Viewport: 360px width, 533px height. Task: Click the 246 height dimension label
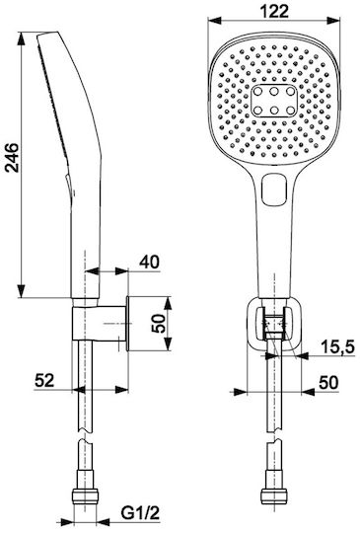[x=13, y=158]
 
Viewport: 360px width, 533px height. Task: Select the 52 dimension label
[x=44, y=380]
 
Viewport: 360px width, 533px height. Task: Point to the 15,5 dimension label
[x=337, y=346]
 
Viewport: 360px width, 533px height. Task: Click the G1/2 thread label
[x=140, y=513]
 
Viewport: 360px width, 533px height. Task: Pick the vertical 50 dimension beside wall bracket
[x=159, y=324]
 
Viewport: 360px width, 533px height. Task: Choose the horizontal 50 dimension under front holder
[x=328, y=382]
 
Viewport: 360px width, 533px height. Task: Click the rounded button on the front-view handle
[x=274, y=190]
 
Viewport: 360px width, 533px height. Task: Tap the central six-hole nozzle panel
[x=274, y=101]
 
